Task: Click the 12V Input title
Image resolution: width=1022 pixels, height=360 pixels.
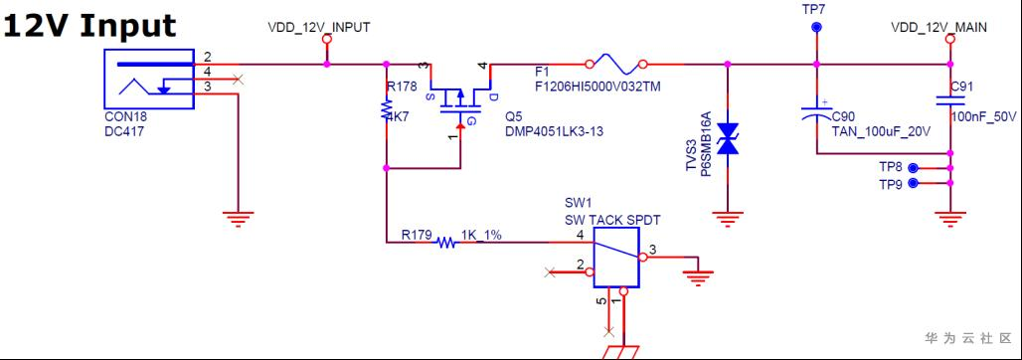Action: (89, 26)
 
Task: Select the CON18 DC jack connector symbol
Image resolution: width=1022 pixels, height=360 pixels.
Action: (149, 79)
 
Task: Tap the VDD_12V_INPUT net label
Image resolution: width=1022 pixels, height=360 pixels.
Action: (319, 28)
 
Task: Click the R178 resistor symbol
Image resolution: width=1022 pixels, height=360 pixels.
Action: (386, 108)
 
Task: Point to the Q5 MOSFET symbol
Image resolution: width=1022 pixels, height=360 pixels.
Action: (460, 97)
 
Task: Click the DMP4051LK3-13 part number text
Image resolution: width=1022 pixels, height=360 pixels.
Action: (555, 131)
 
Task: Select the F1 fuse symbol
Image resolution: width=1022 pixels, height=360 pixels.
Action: (616, 64)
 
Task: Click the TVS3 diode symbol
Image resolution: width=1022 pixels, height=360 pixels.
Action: (728, 139)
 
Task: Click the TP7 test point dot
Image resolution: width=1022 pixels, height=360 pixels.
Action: (815, 28)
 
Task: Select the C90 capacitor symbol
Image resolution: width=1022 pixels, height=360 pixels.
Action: (816, 109)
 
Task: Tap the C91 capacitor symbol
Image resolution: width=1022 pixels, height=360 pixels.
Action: (949, 100)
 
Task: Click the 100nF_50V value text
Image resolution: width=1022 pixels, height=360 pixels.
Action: (984, 116)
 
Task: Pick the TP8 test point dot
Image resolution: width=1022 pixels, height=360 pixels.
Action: (914, 168)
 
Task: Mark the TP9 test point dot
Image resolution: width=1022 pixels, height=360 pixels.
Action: (914, 183)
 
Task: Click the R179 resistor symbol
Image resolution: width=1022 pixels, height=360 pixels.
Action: (446, 243)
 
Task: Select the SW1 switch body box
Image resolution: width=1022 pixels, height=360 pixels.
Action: (615, 258)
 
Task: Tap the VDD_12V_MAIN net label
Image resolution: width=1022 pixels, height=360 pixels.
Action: (938, 28)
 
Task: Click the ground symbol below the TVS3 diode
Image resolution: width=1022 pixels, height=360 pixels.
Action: (728, 217)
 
